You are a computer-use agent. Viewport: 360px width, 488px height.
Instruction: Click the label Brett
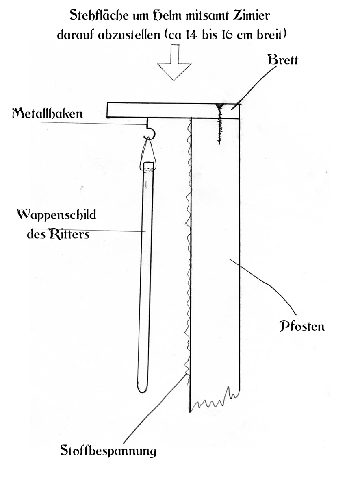click(283, 60)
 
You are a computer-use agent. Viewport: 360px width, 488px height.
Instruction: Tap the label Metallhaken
click(48, 113)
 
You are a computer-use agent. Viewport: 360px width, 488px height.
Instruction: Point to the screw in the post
click(219, 124)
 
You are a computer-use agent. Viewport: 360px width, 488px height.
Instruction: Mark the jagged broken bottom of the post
click(215, 400)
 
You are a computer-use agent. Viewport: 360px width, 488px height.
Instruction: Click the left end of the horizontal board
click(107, 110)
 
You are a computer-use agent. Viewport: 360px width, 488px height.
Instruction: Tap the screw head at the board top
click(220, 106)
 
